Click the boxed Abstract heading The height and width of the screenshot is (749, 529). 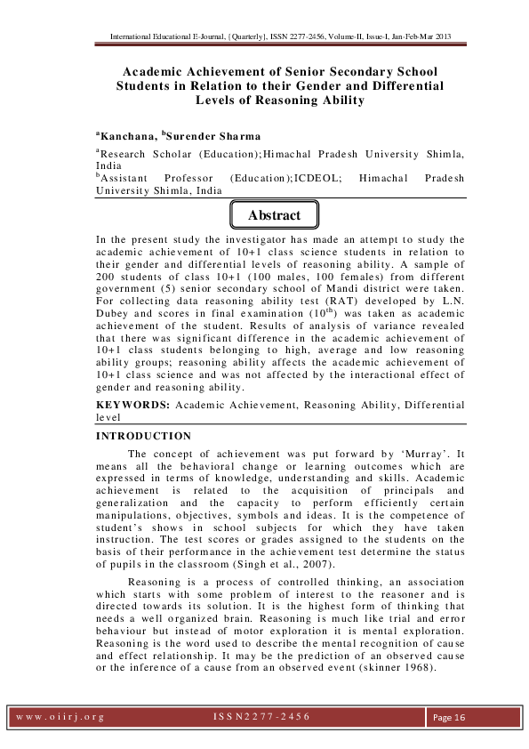click(x=273, y=216)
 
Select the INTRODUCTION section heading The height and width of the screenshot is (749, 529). click(x=143, y=436)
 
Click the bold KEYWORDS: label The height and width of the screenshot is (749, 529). click(x=134, y=405)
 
